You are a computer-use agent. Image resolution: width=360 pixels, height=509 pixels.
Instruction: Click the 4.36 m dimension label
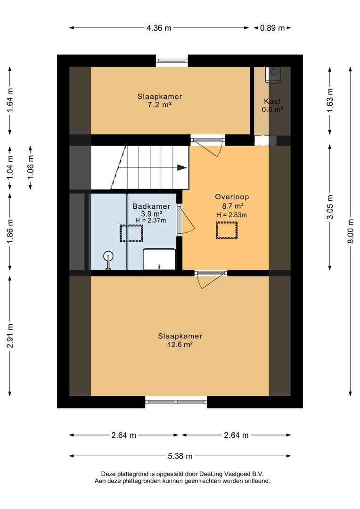[x=159, y=28]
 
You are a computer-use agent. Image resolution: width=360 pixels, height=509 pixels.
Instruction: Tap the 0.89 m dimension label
[x=272, y=28]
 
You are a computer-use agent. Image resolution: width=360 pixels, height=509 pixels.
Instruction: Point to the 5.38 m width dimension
[x=180, y=456]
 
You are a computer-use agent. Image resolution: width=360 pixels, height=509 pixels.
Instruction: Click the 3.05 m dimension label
[x=330, y=207]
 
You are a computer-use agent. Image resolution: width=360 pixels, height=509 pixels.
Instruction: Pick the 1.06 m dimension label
[x=31, y=167]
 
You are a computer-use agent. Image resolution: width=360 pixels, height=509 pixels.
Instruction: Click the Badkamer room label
[x=151, y=206]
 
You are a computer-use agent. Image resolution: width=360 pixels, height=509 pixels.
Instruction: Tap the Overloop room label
[x=232, y=197]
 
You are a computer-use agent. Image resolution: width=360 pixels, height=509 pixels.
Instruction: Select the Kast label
[x=272, y=101]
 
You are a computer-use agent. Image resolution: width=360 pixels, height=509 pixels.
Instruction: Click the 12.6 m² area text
[x=180, y=345]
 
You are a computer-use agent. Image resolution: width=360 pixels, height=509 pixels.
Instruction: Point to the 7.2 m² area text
[x=160, y=105]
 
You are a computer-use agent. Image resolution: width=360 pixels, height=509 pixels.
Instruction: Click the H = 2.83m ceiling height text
[x=231, y=215]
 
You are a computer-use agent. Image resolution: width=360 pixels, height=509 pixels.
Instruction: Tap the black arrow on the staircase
[x=182, y=168]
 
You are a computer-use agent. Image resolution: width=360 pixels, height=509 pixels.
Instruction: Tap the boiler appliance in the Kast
[x=273, y=74]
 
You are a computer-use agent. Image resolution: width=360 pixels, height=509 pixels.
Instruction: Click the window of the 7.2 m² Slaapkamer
[x=172, y=61]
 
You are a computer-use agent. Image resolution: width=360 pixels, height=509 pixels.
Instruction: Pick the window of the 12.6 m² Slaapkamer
[x=176, y=402]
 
